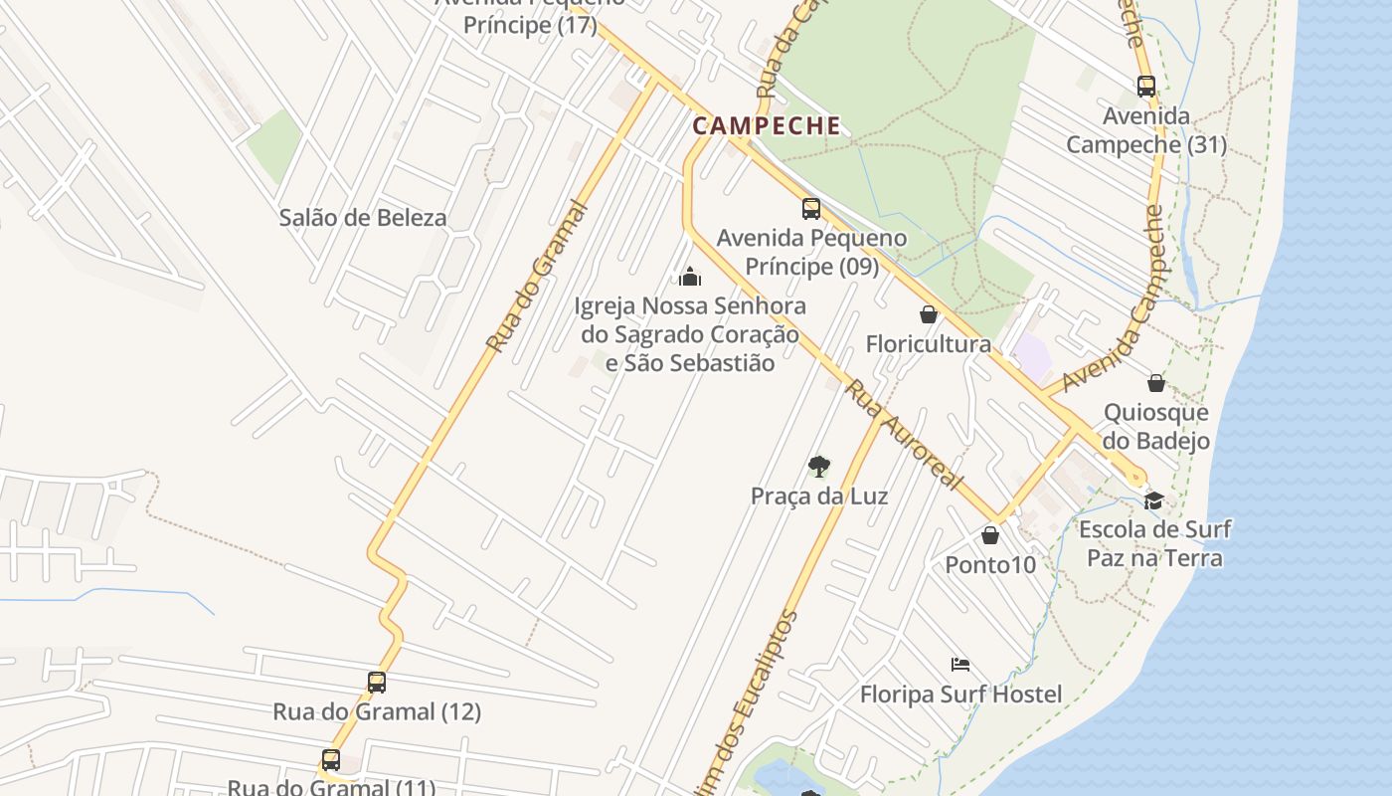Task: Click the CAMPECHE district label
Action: (767, 126)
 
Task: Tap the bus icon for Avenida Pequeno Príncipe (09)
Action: (811, 209)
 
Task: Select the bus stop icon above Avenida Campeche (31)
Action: (1145, 87)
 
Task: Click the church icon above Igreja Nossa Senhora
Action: (690, 276)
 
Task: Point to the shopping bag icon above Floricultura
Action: (929, 314)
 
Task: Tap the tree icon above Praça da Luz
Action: (818, 466)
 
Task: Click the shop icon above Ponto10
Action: (990, 535)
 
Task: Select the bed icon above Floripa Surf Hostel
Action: (959, 664)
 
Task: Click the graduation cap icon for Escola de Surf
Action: (1153, 499)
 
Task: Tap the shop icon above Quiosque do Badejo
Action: (1156, 382)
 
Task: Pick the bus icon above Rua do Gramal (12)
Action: (377, 683)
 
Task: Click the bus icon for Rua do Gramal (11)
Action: (331, 760)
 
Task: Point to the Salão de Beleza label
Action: (363, 218)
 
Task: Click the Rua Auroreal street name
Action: (904, 435)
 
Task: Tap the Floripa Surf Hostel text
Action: (960, 694)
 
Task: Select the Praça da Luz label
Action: (819, 496)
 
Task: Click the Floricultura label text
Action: (928, 344)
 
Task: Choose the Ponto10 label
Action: (990, 565)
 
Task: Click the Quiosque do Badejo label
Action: (1156, 427)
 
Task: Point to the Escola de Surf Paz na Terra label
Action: (1154, 543)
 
